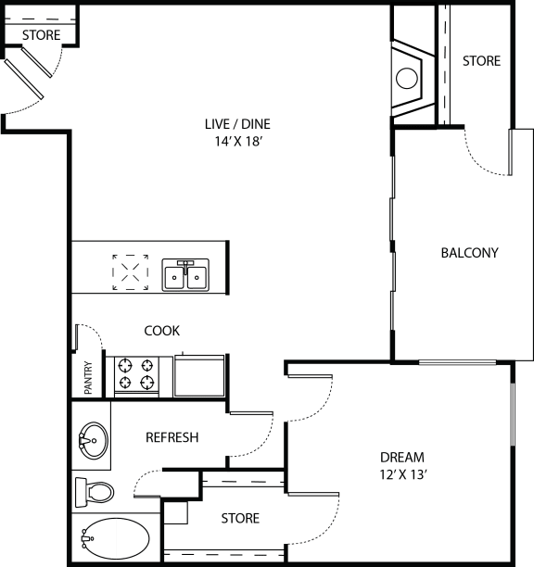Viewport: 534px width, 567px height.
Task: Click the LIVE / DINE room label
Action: (x=237, y=124)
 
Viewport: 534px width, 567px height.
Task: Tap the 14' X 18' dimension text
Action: (x=238, y=141)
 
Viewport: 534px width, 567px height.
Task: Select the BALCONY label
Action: (x=470, y=252)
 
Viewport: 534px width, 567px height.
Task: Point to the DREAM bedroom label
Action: (x=402, y=458)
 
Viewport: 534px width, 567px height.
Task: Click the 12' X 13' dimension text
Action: (x=403, y=474)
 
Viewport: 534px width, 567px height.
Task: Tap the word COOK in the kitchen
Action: (x=161, y=331)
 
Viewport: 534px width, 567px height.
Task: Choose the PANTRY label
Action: (x=88, y=377)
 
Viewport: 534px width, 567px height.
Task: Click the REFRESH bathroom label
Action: (x=172, y=437)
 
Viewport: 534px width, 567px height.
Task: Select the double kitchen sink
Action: (x=185, y=275)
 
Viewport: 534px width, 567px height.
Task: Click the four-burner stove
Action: (x=136, y=375)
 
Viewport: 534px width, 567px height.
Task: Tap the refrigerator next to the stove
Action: (x=199, y=376)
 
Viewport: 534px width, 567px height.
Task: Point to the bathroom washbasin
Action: (x=93, y=440)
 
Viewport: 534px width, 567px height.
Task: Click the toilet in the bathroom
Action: (x=95, y=492)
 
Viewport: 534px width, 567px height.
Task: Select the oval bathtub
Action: (x=116, y=539)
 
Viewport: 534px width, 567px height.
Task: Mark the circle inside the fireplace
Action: (x=407, y=78)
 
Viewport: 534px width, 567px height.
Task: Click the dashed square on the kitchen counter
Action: (x=130, y=272)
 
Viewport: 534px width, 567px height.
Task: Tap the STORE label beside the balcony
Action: (x=481, y=61)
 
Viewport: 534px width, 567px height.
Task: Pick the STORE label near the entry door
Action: (x=41, y=35)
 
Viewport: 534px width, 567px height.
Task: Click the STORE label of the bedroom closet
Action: (x=240, y=518)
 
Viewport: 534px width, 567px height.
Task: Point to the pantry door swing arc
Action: (x=95, y=331)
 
